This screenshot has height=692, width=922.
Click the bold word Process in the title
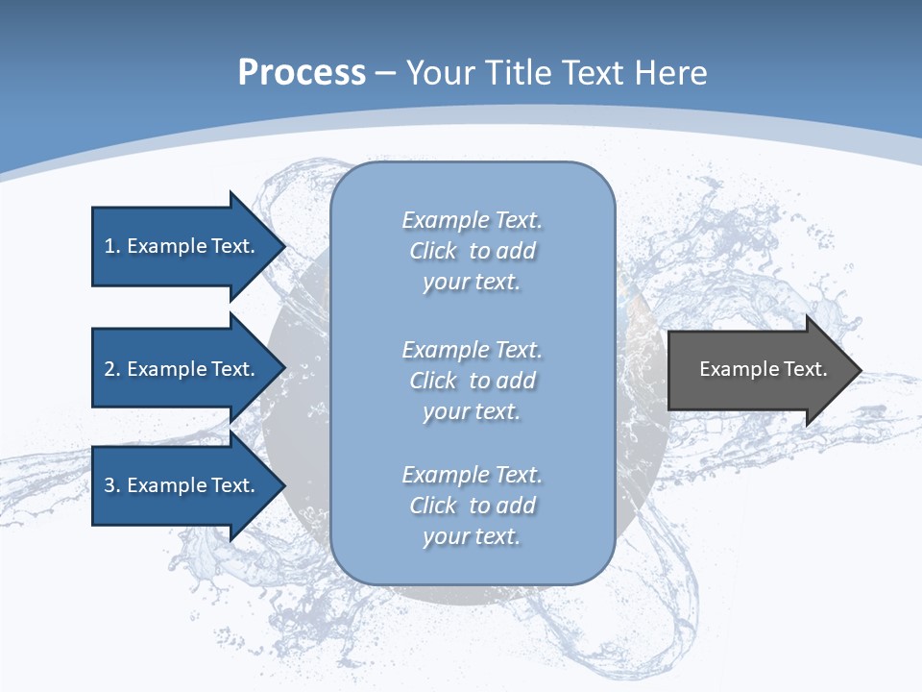302,73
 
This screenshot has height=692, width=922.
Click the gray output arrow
759,370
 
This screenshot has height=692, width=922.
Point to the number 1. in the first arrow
112,246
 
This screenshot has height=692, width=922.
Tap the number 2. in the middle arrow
112,369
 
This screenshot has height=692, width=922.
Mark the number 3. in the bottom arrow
112,485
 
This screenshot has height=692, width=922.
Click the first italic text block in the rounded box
472,251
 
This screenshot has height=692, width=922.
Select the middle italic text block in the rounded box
472,381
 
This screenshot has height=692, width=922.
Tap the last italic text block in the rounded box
472,506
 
